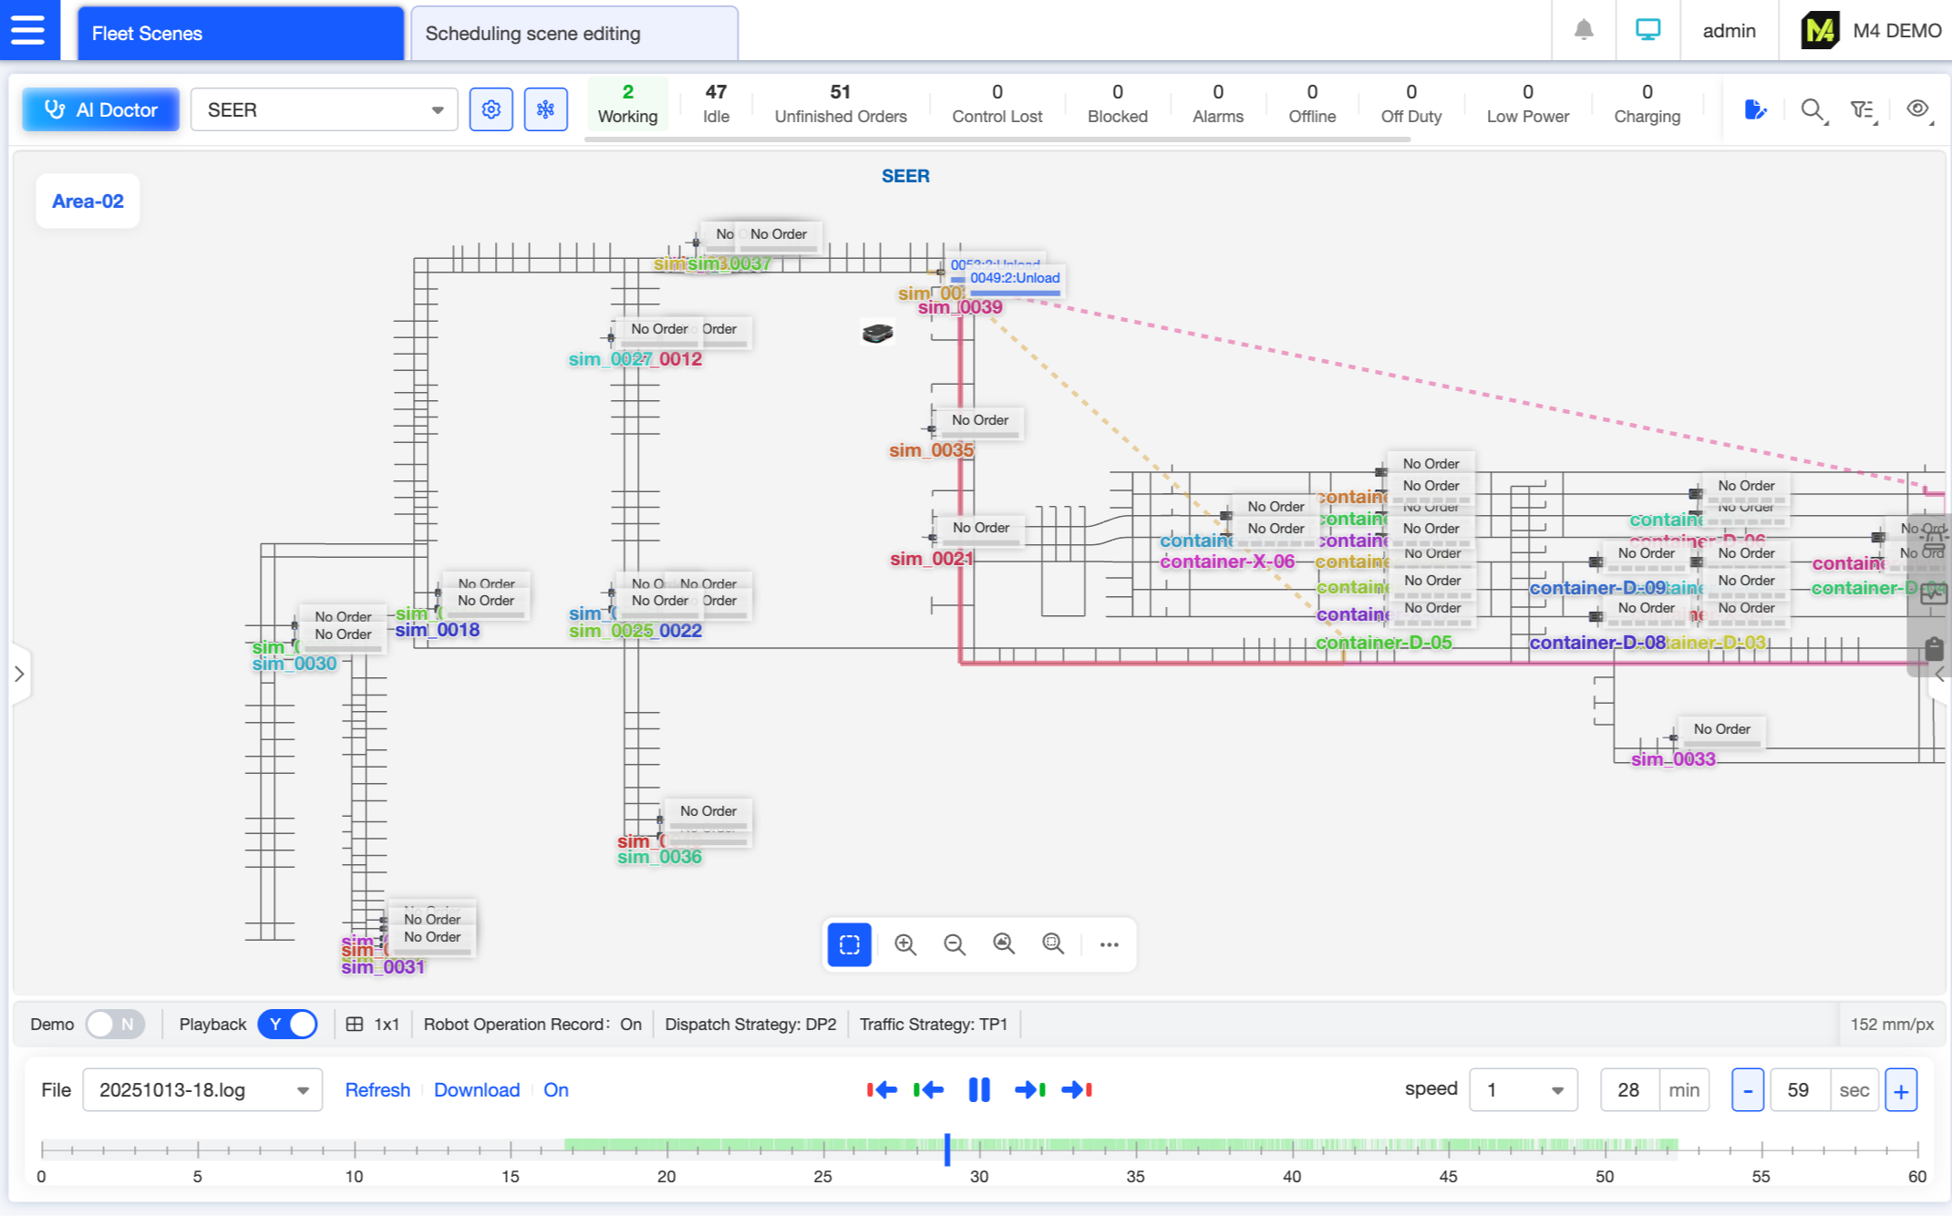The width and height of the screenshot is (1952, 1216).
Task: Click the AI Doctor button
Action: coord(101,110)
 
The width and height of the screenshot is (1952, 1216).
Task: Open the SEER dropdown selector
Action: coord(324,110)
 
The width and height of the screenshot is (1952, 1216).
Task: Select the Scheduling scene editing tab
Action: coord(573,34)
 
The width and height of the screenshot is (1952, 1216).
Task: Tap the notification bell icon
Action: coord(1584,30)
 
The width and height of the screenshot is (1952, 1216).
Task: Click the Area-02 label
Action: coord(88,201)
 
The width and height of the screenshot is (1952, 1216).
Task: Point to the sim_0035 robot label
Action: coord(931,450)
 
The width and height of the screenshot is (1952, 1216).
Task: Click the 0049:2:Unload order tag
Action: coord(1014,278)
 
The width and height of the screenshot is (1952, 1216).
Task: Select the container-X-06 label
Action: coord(1226,562)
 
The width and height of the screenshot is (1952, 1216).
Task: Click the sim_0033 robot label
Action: coord(1673,759)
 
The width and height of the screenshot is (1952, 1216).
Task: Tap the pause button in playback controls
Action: coord(979,1089)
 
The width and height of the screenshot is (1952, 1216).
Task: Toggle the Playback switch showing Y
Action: coord(287,1024)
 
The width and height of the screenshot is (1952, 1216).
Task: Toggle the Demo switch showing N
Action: coord(115,1024)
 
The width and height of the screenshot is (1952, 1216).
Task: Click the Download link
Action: coord(476,1090)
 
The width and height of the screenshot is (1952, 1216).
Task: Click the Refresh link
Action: coord(377,1090)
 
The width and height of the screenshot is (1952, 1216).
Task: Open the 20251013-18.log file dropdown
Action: coord(202,1090)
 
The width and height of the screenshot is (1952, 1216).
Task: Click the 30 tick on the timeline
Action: coord(979,1150)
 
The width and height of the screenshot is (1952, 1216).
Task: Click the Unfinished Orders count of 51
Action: coord(840,103)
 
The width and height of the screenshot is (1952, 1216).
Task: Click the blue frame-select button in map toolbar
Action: coord(849,944)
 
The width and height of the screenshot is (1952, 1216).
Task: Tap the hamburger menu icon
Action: coord(28,30)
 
